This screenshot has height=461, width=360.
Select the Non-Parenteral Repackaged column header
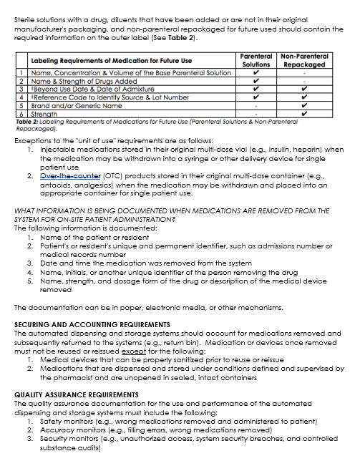(x=304, y=59)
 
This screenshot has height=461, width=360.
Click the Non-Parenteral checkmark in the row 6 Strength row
(x=304, y=113)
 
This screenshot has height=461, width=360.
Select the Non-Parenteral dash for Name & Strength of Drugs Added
(x=304, y=80)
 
